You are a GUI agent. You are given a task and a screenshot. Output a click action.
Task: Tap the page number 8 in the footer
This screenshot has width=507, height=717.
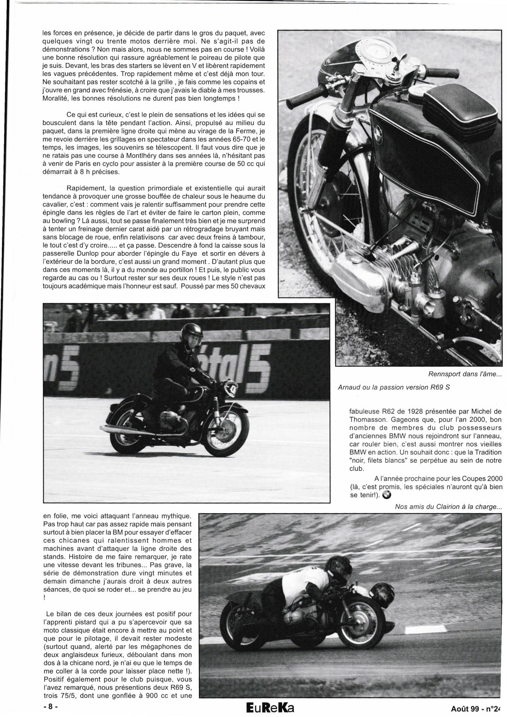(50, 707)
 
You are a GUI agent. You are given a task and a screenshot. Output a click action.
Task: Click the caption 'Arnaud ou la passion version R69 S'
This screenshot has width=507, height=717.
(393, 387)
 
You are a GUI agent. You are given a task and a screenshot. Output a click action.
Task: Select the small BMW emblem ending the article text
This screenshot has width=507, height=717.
(387, 495)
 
